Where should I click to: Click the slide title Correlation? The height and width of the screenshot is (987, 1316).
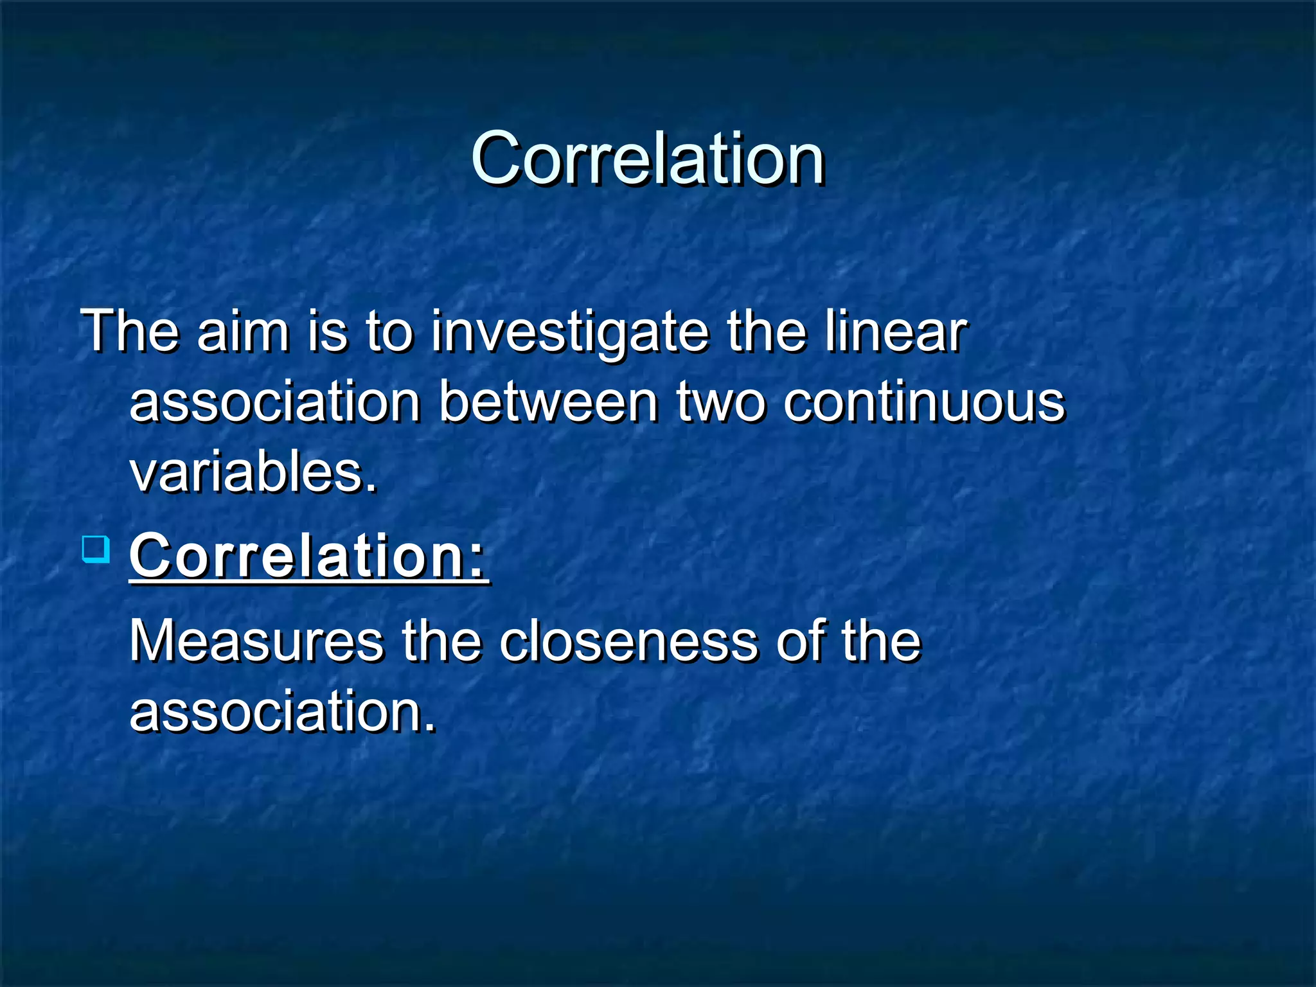647,158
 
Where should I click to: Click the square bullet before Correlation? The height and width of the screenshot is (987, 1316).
96,550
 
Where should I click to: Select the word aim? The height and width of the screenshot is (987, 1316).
243,332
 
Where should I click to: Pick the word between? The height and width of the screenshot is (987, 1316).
549,403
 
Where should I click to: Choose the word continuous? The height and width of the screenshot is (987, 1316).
924,403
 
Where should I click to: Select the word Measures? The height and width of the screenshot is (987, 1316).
256,641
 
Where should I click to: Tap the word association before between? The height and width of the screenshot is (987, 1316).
275,403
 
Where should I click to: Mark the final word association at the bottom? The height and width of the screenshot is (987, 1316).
283,711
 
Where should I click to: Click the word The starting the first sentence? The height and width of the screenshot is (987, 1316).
129,332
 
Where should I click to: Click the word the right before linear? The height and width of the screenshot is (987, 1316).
766,332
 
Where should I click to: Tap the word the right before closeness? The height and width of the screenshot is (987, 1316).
441,641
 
